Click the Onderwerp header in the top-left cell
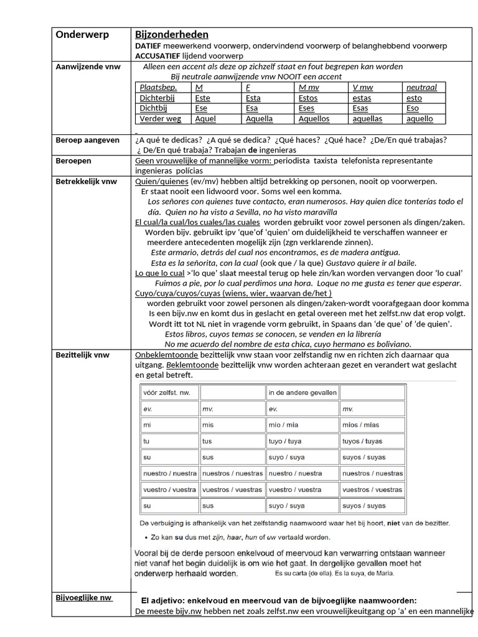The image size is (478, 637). click(x=82, y=35)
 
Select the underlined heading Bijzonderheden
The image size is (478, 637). click(x=172, y=35)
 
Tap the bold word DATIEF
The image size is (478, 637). click(x=149, y=46)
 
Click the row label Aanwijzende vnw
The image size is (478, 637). click(x=88, y=67)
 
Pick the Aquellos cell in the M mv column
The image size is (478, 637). click(x=314, y=118)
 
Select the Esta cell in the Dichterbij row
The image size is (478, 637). click(x=253, y=98)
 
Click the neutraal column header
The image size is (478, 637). click(x=421, y=88)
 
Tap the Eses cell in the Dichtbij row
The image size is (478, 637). click(x=307, y=108)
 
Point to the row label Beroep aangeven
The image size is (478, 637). click(x=88, y=141)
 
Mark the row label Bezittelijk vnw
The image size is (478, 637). click(x=83, y=355)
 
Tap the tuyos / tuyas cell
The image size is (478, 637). click(x=363, y=441)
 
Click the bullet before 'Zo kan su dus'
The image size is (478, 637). click(x=144, y=537)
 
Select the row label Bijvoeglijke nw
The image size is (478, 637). click(x=84, y=598)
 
